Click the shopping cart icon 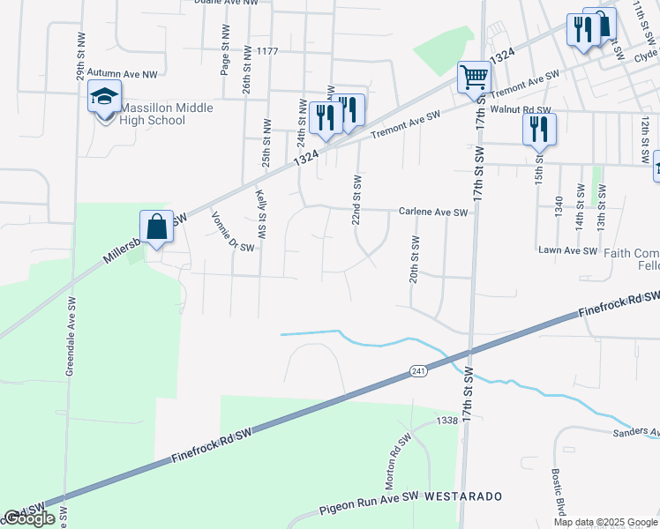pos(474,78)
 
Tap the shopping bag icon pos(156,227)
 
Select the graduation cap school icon pos(104,97)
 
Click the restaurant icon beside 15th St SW pos(538,130)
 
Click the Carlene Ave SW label pos(432,212)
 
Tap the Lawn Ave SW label pos(568,250)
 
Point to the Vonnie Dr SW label pos(232,231)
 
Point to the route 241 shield pos(419,373)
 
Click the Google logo pos(29,518)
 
